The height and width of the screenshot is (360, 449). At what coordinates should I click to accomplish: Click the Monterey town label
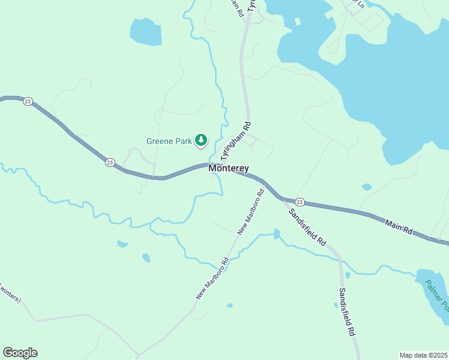pos(229,169)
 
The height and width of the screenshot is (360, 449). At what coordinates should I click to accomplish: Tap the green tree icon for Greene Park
pos(200,141)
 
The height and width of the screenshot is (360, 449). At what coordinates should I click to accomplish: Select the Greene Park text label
pos(169,142)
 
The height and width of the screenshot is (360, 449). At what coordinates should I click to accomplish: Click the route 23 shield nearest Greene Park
pos(110,162)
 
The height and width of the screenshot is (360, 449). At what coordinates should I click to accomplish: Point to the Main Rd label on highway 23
pos(399,226)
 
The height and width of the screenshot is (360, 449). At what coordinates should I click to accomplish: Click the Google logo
pos(20,353)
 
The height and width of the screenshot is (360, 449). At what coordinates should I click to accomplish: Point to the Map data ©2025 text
pos(424,355)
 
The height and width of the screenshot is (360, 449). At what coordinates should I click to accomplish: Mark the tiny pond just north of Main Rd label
pos(367,187)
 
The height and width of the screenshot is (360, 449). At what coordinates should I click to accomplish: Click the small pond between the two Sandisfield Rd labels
pos(348,275)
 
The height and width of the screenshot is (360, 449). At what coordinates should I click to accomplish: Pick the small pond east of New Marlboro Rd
pos(276,233)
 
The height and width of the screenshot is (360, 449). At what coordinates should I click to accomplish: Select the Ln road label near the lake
pos(360,4)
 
